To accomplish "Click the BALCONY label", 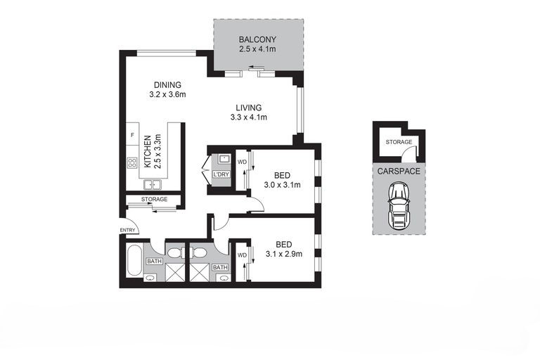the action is (257, 39).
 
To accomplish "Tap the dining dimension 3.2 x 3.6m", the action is (168, 94).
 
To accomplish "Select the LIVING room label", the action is (249, 108).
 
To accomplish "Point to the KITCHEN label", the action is (148, 152).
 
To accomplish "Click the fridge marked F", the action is (132, 136).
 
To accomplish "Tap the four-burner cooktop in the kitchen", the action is (132, 162).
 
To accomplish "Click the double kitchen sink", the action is (153, 185).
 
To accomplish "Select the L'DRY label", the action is (221, 174).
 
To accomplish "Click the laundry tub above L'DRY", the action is (224, 159).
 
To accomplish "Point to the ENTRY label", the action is (127, 230).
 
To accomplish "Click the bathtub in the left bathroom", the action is (134, 260).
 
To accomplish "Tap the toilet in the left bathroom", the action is (176, 252).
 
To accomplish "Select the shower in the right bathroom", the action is (200, 273).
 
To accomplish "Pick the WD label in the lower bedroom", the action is (242, 255).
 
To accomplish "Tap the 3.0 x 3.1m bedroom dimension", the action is (282, 185).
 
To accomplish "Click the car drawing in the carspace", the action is (399, 206).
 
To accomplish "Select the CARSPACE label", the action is (399, 172).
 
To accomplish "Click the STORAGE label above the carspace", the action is (399, 142).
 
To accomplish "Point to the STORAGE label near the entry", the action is (154, 199).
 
